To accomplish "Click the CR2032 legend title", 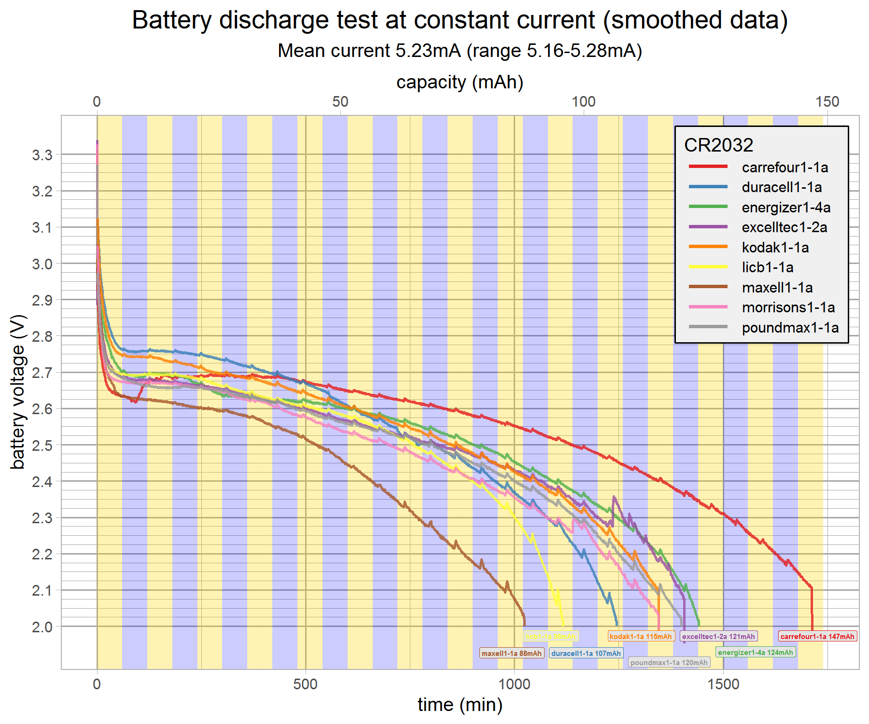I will coord(718,145).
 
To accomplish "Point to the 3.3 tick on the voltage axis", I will coord(42,155).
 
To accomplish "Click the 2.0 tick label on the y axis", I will coord(42,627).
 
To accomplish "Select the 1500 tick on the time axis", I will coord(723,684).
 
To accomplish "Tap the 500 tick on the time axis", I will coord(306,684).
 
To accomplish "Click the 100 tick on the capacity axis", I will coord(584,102).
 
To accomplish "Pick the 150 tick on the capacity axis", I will coord(827,102).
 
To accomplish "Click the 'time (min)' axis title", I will coord(460,705).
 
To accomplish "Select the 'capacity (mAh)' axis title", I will coord(460,83).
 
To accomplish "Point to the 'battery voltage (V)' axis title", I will coord(18,392).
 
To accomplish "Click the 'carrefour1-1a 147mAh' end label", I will coord(817,637).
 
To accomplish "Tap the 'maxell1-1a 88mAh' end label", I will coord(512,654).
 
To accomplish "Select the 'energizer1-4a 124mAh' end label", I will coord(756,653).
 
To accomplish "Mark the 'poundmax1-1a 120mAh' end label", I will coord(669,663).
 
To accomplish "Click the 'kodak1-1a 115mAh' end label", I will coord(641,637).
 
